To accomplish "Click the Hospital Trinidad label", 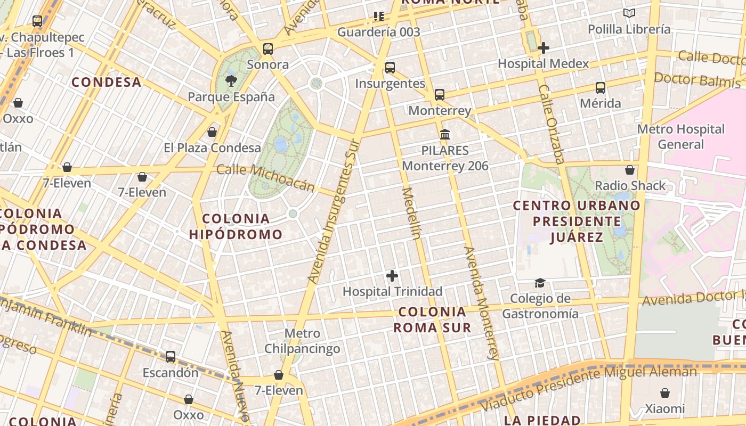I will pos(392,291).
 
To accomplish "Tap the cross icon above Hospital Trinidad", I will pos(392,276).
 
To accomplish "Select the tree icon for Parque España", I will pos(231,81).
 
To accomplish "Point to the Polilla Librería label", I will pos(629,29).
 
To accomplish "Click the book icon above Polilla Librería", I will pos(629,13).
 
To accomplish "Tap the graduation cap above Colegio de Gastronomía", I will pos(540,283).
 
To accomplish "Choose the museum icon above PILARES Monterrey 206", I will pos(445,134).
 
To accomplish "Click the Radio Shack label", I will pos(630,185).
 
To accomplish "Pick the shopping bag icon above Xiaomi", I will pos(664,393).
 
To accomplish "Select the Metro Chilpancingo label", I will pos(302,341).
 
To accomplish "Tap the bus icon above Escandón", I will pos(171,357).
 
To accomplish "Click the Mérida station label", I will pos(601,103).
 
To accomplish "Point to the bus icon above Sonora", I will pos(268,49).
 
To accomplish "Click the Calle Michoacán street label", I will pos(266,177).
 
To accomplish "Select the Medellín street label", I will pos(411,213).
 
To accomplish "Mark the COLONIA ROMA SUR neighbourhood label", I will pos(432,319).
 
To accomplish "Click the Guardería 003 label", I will pos(379,32).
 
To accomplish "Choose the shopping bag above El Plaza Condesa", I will pos(212,132).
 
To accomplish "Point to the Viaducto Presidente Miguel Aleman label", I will pos(589,388).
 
